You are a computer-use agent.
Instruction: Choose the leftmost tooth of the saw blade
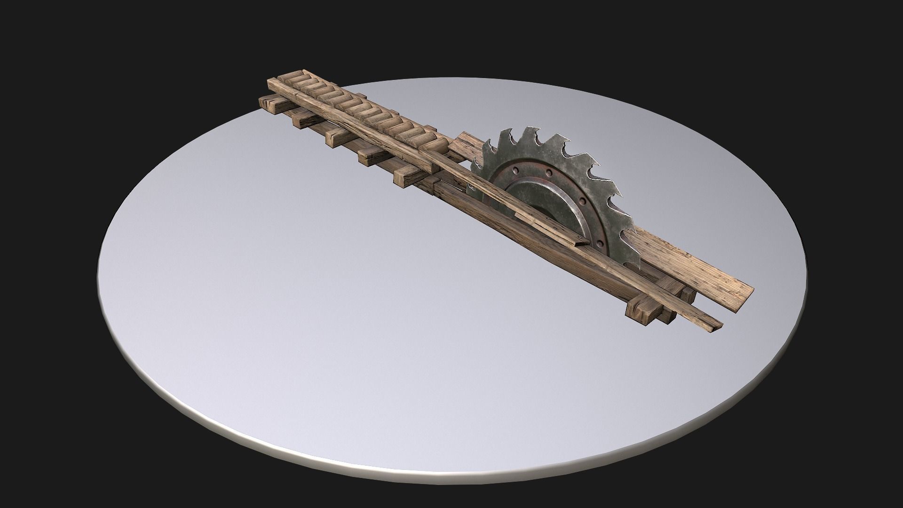click(473, 186)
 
